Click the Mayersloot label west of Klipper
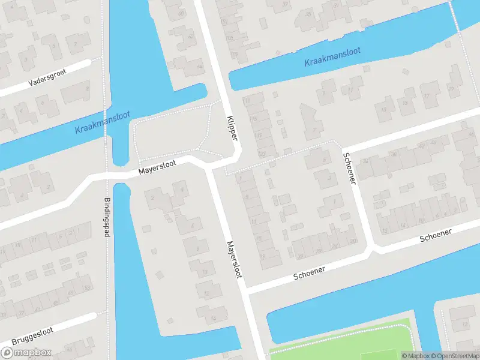157,169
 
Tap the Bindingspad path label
108,217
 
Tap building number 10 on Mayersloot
204,272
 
